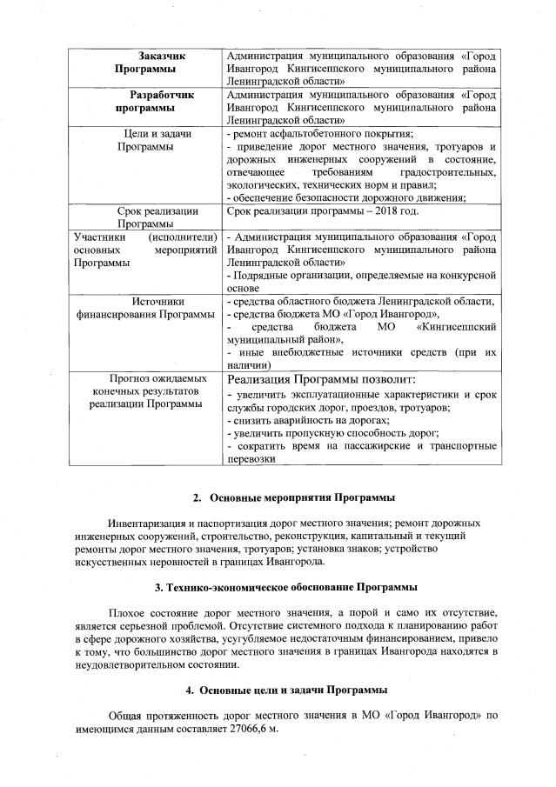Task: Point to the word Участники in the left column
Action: pos(98,237)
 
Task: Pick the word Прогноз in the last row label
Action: pos(132,378)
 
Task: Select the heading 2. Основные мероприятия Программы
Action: pos(293,497)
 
